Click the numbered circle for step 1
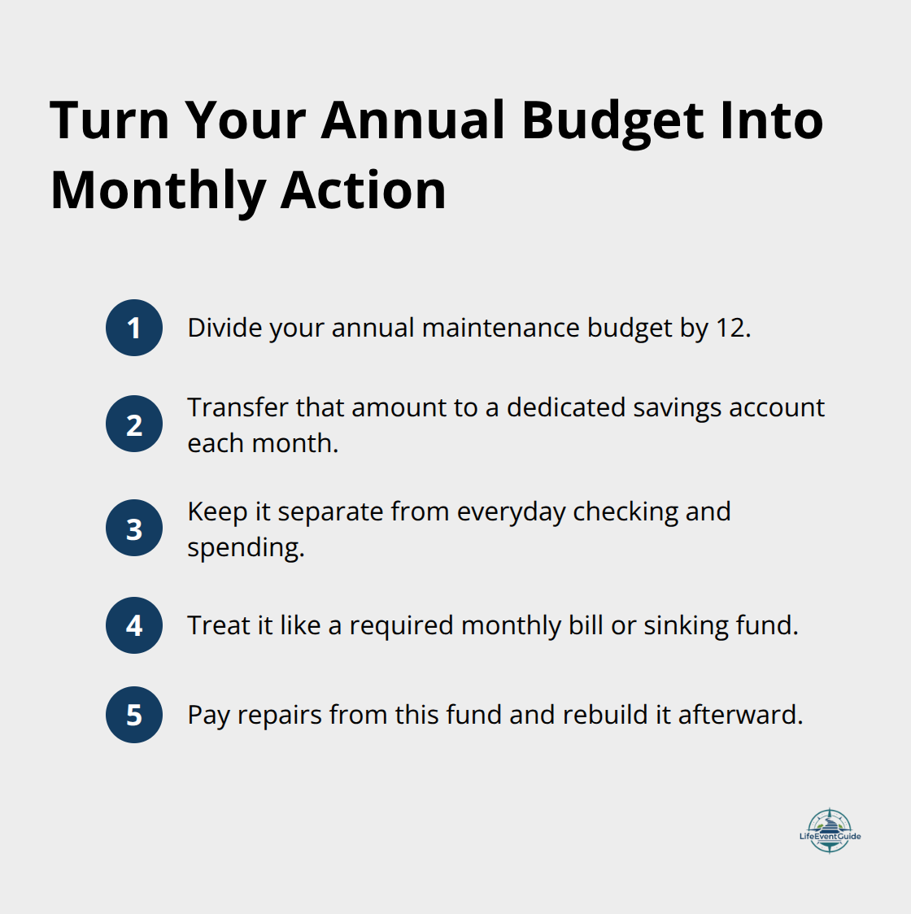(x=134, y=328)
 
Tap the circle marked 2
(x=134, y=424)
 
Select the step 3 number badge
(x=134, y=529)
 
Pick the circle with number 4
(x=134, y=625)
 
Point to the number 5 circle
(x=134, y=715)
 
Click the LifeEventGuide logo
(x=830, y=831)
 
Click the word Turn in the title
(x=110, y=120)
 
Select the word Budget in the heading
(x=612, y=120)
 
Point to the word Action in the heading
(x=364, y=191)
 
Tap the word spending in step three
(x=245, y=548)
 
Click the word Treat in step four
(x=218, y=625)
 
